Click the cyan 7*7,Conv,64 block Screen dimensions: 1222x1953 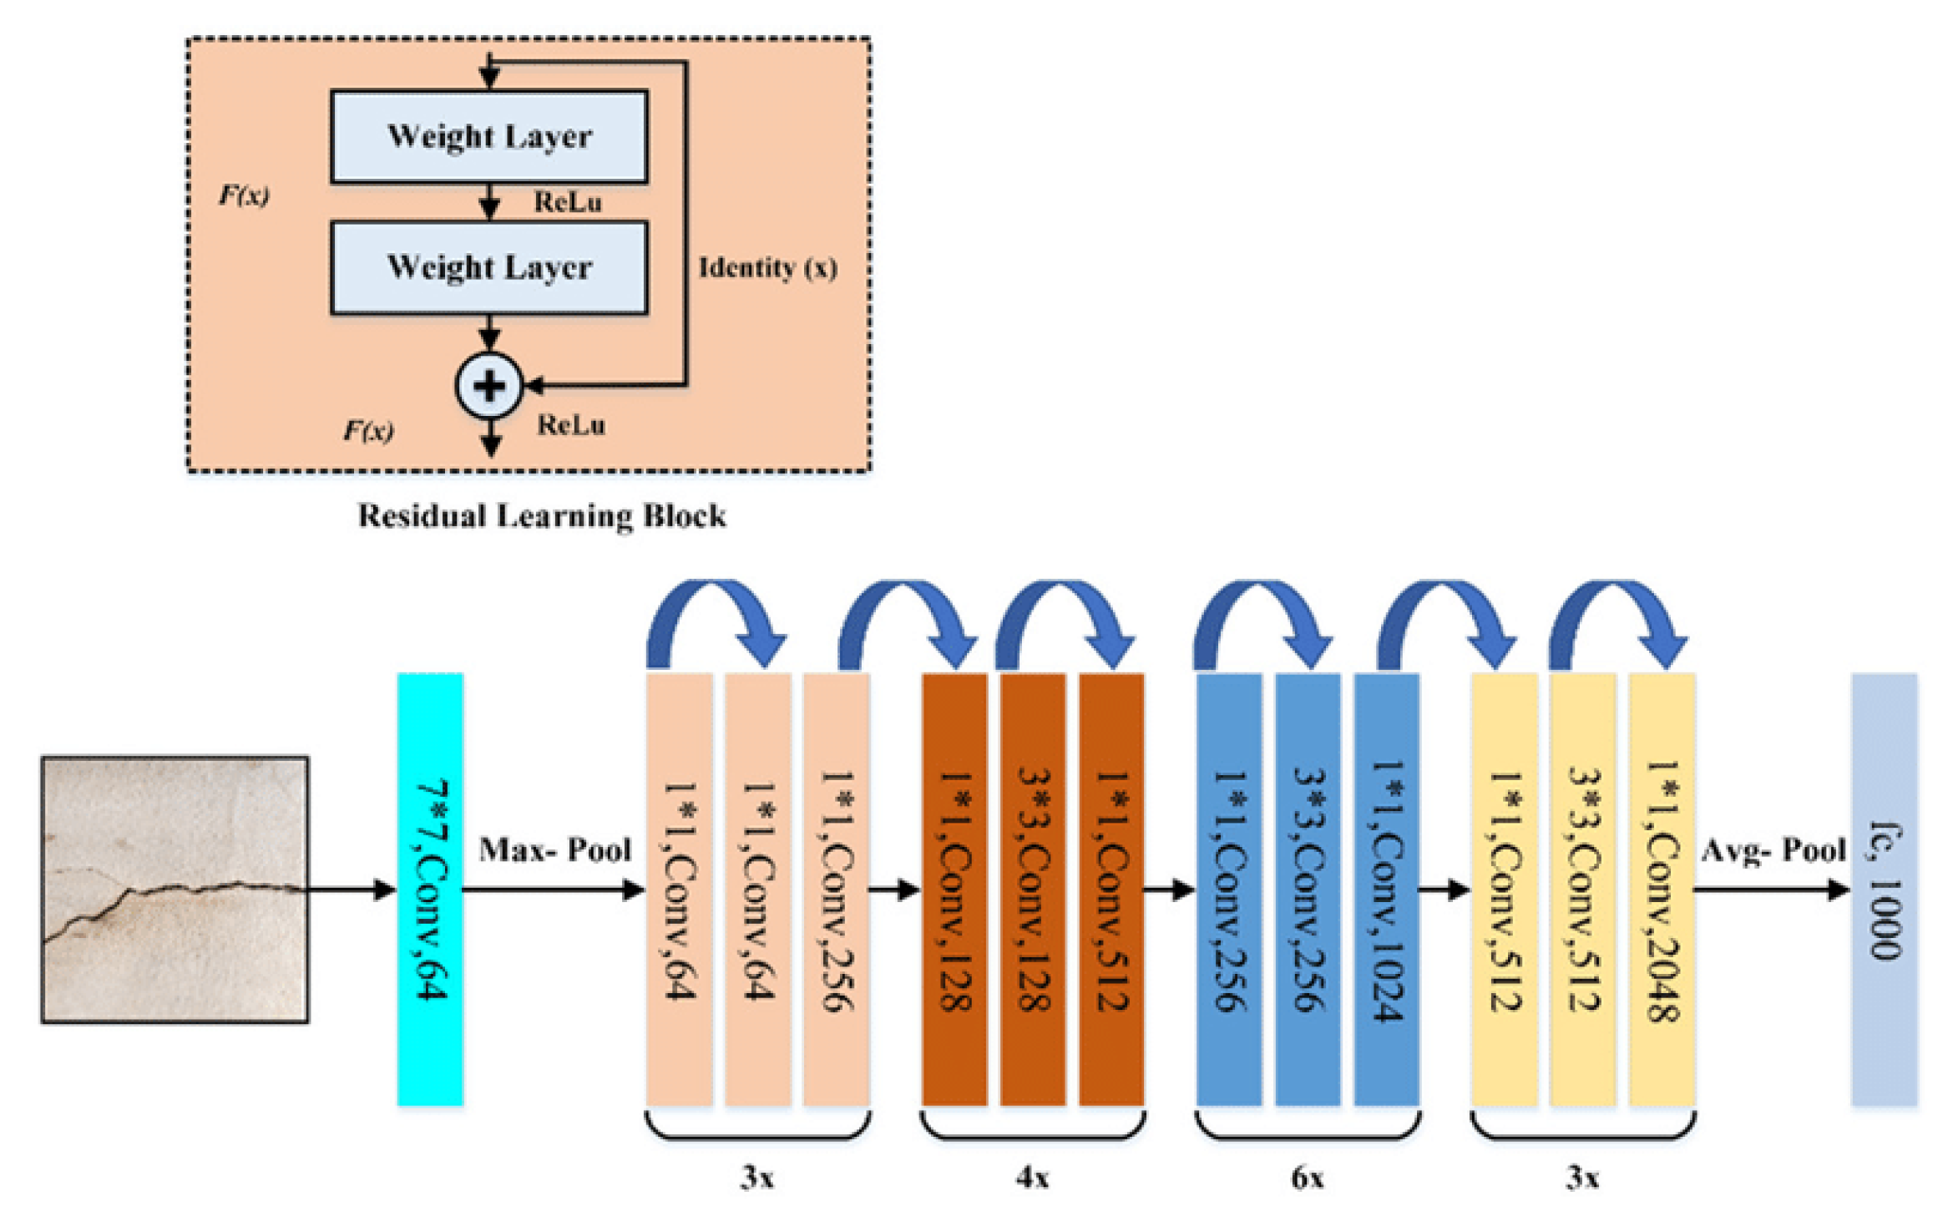[x=430, y=889]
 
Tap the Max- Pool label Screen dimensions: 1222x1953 [x=554, y=849]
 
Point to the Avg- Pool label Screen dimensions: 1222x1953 [x=1773, y=850]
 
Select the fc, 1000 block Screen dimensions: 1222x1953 [x=1884, y=889]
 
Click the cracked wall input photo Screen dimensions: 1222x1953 [x=175, y=889]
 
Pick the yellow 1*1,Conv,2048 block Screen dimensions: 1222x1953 [x=1662, y=889]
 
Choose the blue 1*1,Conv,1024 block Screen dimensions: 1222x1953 [x=1386, y=889]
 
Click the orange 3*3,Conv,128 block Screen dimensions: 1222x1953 [x=1033, y=889]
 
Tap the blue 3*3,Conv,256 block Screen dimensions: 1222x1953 [x=1308, y=889]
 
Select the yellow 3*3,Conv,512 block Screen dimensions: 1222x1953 [x=1583, y=889]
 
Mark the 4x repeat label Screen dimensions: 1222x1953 [x=1033, y=1178]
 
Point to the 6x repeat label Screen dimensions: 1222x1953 [x=1308, y=1178]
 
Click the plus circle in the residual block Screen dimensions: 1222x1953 [x=489, y=386]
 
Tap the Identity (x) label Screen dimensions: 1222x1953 [x=767, y=267]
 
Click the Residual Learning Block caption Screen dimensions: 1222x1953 [x=542, y=515]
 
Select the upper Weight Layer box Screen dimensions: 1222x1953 [x=489, y=136]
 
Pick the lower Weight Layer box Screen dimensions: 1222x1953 [x=489, y=267]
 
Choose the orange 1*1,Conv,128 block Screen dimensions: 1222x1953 [x=954, y=889]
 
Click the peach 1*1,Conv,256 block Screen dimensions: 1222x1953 [x=837, y=889]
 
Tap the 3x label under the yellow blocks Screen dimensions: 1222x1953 [x=1582, y=1178]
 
